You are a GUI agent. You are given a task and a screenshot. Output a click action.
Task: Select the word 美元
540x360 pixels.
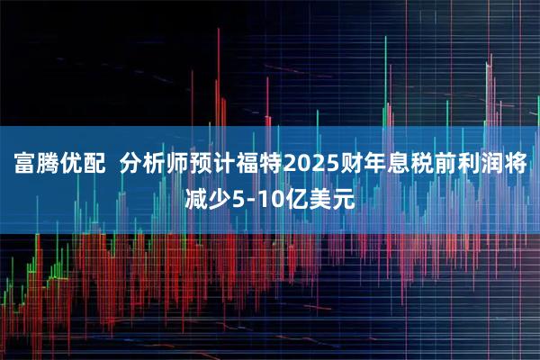[330, 195]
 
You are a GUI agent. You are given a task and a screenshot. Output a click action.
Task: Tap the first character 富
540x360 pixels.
[23, 165]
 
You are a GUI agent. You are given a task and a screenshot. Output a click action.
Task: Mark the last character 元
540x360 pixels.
[342, 195]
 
